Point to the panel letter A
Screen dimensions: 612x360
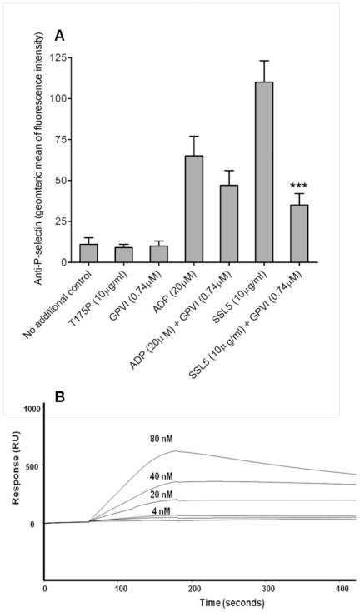pos(60,36)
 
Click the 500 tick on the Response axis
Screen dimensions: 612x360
pos(32,466)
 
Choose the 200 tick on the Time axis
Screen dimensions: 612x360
pos(166,589)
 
